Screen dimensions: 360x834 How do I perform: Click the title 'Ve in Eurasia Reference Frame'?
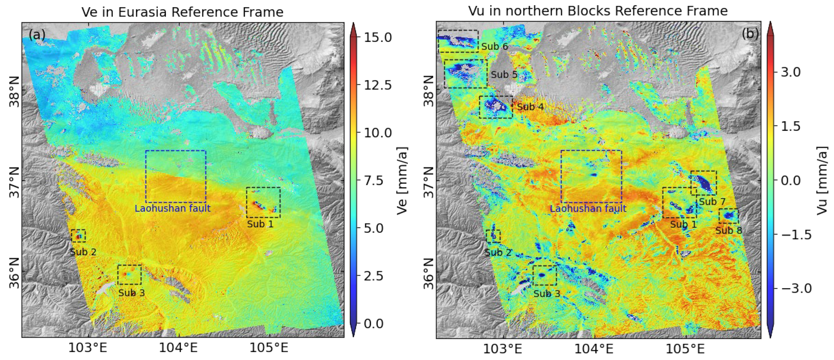point(182,12)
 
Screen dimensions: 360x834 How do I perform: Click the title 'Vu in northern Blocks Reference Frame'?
point(598,11)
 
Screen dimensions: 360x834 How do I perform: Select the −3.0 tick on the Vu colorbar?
point(796,288)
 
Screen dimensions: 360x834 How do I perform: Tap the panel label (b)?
point(750,33)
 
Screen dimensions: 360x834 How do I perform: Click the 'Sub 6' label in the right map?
point(494,47)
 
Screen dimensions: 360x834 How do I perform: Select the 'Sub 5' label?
point(504,75)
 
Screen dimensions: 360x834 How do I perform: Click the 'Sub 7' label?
point(712,202)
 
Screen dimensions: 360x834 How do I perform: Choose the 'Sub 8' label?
point(729,231)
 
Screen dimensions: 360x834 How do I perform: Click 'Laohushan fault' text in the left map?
point(172,208)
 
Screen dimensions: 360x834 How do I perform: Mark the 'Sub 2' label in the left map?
point(83,252)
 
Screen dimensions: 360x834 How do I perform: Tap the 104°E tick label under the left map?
point(178,348)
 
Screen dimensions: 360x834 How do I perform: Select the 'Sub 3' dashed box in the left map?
point(130,274)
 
